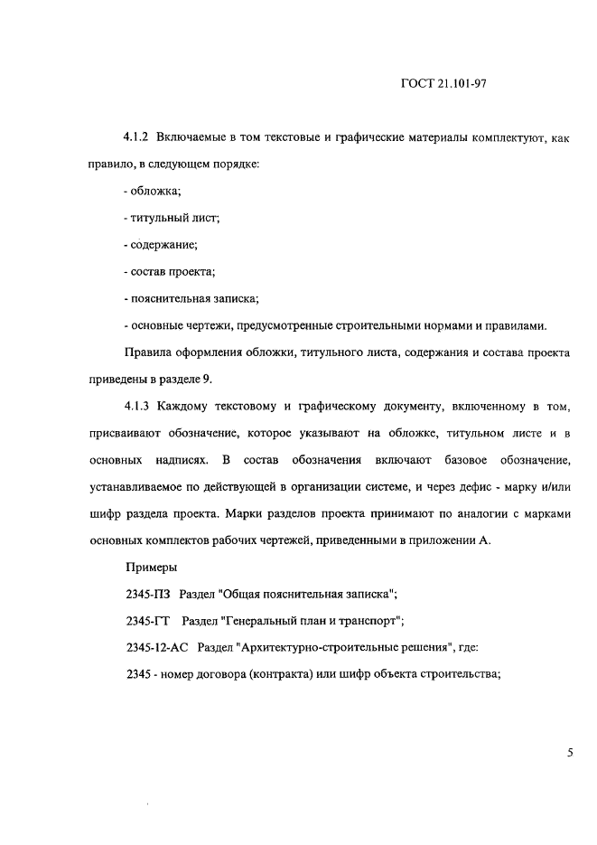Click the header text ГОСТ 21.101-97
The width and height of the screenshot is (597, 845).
[443, 84]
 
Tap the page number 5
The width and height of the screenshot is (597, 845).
[571, 751]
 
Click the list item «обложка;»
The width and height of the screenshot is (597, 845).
[154, 191]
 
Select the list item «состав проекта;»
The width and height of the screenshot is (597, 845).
[169, 272]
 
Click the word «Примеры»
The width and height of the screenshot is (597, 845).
[152, 568]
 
